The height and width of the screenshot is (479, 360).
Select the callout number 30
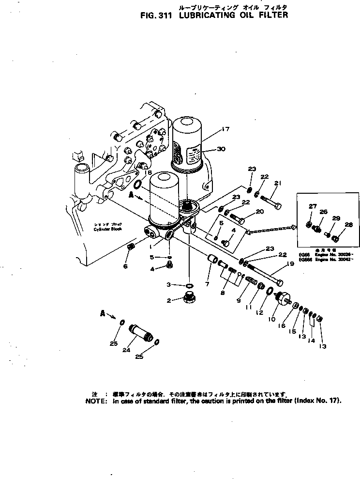(222, 149)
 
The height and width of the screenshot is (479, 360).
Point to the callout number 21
(277, 183)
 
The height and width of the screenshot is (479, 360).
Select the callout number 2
(169, 300)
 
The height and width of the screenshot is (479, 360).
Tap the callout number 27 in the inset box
(313, 206)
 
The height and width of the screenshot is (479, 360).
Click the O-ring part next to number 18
(137, 184)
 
